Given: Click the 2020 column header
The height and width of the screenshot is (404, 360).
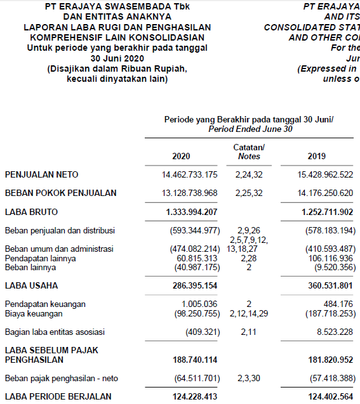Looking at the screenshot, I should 181,156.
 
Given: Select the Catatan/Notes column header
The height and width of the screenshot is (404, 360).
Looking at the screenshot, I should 249,152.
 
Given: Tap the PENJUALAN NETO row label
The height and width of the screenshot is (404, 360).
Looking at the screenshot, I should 42,174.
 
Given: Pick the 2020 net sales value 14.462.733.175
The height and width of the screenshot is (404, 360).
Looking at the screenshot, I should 190,174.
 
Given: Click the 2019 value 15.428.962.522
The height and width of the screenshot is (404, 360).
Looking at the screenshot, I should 321,174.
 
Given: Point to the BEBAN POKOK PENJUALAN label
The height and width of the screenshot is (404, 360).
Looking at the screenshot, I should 61,193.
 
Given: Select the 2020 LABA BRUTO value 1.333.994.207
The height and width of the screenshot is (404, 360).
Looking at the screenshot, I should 192,211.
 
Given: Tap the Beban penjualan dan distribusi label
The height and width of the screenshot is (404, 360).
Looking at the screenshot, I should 60,230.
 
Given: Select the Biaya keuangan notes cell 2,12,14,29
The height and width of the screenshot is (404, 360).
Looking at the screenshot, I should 249,313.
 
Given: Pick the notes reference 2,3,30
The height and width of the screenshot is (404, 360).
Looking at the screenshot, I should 249,379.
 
